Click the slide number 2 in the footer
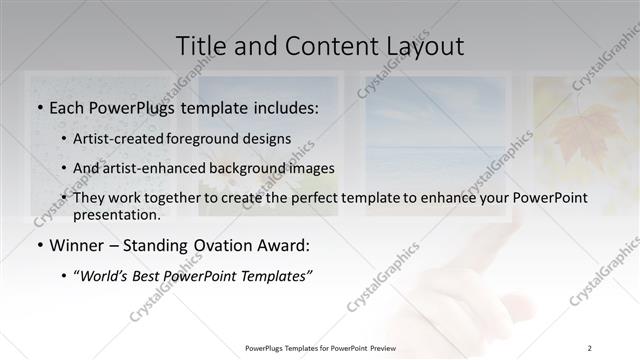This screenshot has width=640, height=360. click(x=590, y=348)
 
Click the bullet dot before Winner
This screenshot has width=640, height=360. click(x=39, y=245)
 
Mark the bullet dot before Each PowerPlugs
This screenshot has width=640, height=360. click(x=39, y=106)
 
